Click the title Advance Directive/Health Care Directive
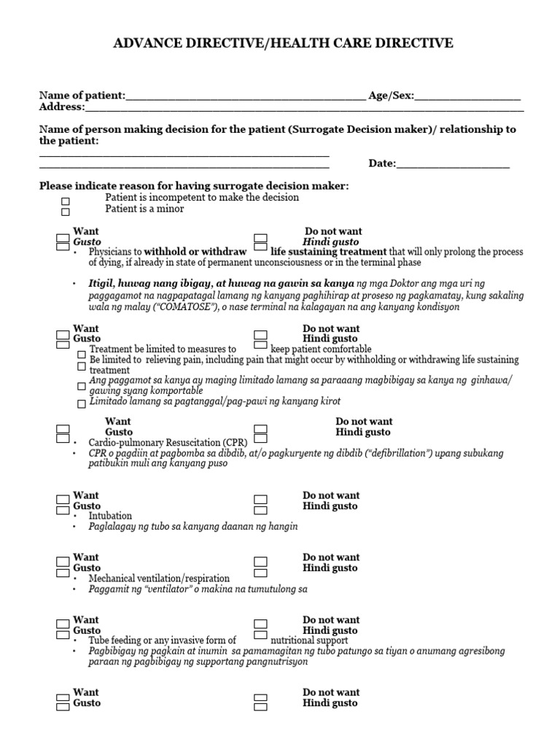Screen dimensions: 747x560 coord(283,44)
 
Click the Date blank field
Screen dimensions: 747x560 coord(452,164)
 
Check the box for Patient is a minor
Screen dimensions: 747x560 coord(66,212)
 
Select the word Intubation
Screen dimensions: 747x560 coord(110,516)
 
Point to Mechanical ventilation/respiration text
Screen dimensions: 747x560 coord(159,578)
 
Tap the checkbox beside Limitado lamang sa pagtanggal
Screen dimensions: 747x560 coord(82,403)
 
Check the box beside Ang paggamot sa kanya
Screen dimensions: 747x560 coord(82,387)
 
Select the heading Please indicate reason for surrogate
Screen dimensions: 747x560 coord(194,187)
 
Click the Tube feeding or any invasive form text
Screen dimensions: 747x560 coord(163,640)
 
